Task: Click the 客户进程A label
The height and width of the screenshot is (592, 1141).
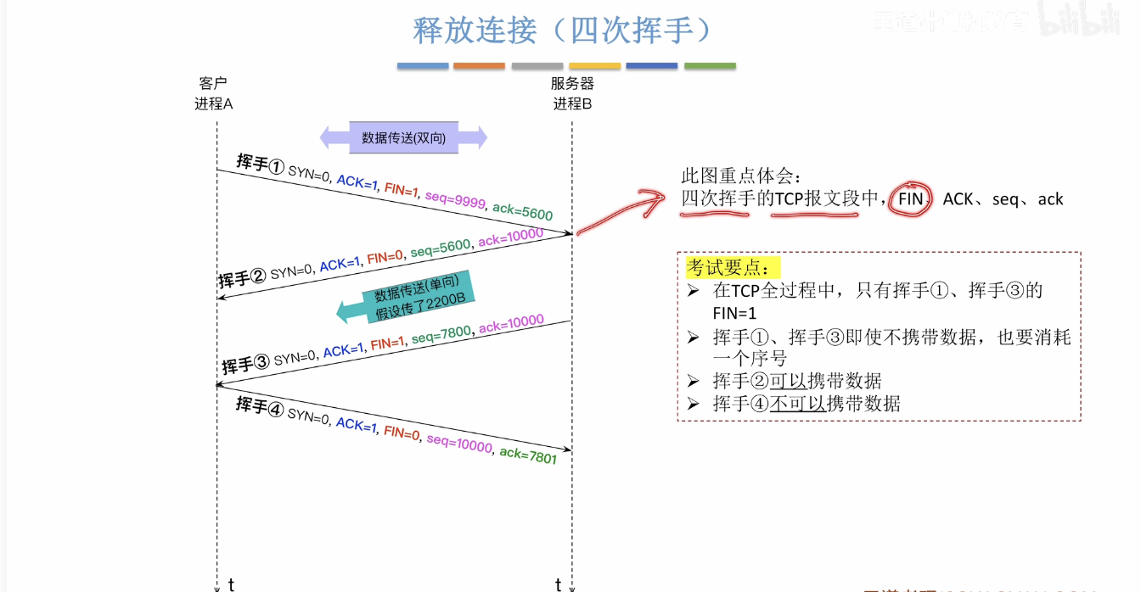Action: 213,93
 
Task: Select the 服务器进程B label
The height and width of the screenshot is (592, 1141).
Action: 572,93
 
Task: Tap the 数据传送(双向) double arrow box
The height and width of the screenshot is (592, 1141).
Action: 403,137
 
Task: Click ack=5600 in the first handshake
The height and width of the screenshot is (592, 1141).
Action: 522,211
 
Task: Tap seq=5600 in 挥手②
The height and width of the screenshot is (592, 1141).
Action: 440,248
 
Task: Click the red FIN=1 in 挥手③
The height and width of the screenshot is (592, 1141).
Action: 387,343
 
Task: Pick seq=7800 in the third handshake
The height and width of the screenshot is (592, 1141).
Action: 441,334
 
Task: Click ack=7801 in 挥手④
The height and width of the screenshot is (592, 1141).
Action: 528,455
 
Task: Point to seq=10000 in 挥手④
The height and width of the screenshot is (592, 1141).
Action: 459,443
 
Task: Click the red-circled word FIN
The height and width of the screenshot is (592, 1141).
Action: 910,199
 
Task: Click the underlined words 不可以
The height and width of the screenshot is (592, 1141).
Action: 798,403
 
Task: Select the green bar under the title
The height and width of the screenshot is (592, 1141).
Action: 710,65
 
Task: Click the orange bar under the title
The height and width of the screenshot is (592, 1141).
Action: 479,65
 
